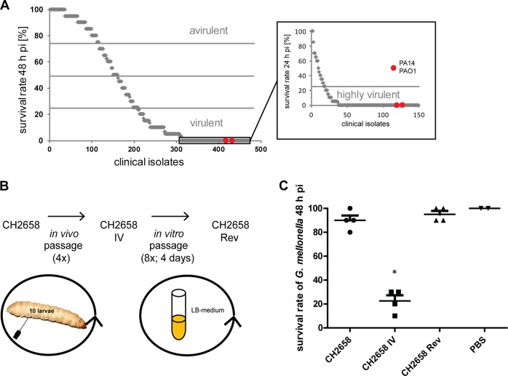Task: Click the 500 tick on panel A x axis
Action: pyautogui.click(x=261, y=151)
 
